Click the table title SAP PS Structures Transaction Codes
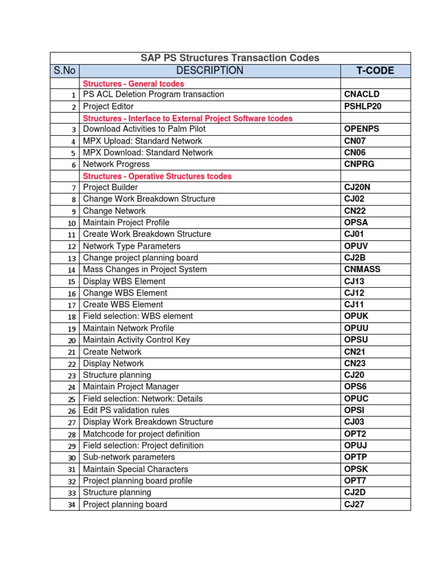click(230, 58)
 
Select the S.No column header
click(65, 71)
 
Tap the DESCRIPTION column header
click(209, 71)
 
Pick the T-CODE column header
click(375, 71)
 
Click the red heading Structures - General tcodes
click(133, 84)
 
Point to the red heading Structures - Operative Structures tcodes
click(157, 177)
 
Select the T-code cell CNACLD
click(361, 94)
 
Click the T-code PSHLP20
click(363, 106)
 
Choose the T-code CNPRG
click(359, 164)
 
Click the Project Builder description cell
click(111, 188)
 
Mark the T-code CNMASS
click(362, 269)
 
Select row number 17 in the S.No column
click(71, 305)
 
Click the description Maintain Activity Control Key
click(136, 340)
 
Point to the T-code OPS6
click(356, 387)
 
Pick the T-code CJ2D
click(355, 492)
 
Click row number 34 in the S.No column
click(71, 505)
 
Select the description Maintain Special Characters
click(135, 469)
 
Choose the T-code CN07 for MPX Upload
click(355, 141)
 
